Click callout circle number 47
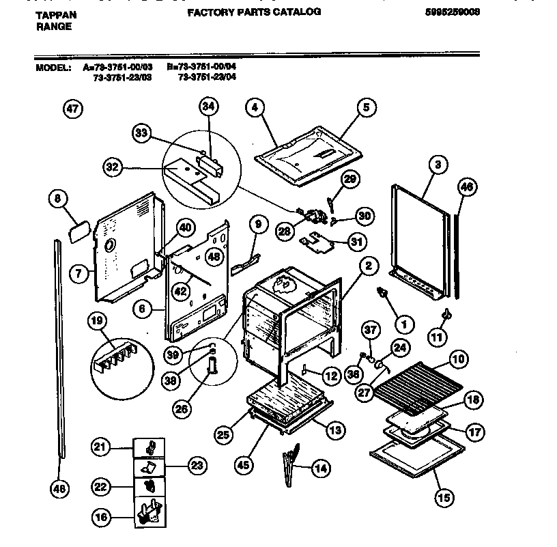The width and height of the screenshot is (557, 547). coord(72,109)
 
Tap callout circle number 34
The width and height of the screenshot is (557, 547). coord(208,106)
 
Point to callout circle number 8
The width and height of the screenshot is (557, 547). coord(57,199)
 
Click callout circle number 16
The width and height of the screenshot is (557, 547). coord(101,518)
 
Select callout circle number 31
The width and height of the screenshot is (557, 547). coord(356,241)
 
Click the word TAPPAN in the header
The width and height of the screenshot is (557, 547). coord(55,14)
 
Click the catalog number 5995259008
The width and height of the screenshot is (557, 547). coord(451,12)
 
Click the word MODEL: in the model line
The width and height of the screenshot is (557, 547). coord(53,68)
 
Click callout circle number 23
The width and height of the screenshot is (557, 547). coord(195,466)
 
